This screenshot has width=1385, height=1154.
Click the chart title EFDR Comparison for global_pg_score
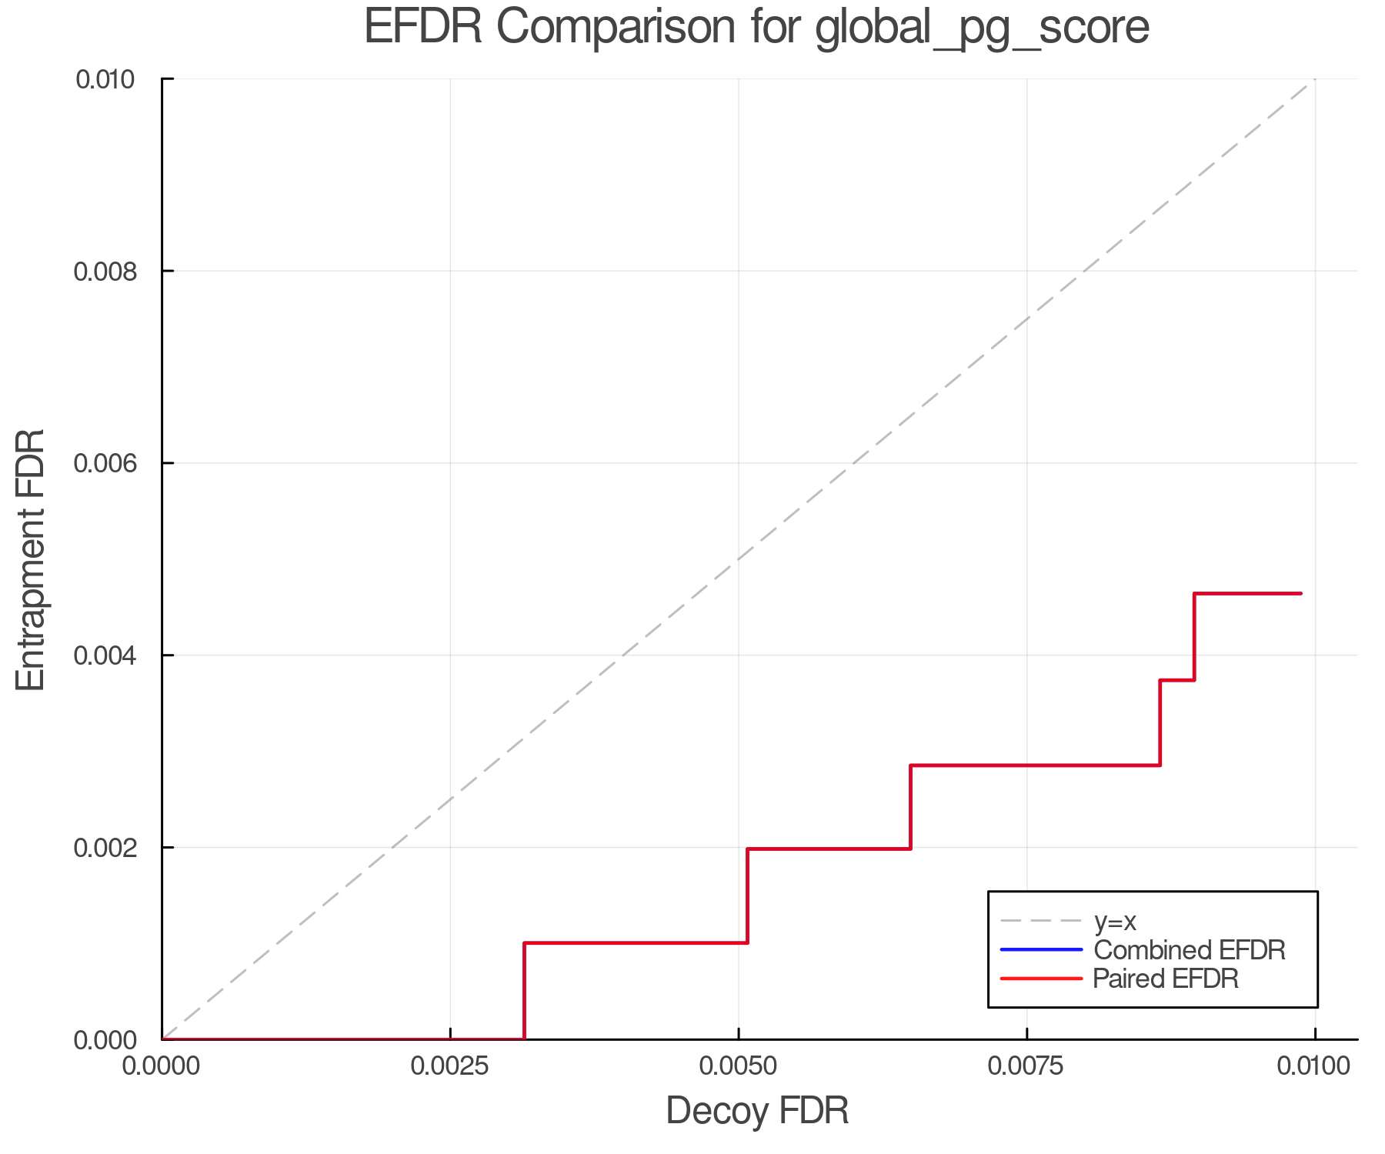point(756,28)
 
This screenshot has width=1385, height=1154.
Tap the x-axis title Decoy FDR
point(757,1111)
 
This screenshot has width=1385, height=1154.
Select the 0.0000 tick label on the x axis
point(162,1066)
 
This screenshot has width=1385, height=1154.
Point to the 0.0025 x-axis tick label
point(450,1066)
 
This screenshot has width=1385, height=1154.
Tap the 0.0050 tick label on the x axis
point(739,1066)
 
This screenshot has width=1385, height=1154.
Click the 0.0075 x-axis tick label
point(1027,1066)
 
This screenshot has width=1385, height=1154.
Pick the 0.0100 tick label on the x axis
point(1314,1066)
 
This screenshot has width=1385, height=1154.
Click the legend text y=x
point(1115,921)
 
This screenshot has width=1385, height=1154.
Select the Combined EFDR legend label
point(1189,950)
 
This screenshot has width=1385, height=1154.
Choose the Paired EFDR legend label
point(1165,979)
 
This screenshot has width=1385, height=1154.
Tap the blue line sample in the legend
point(1041,949)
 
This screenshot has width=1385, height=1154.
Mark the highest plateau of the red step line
point(1246,593)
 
